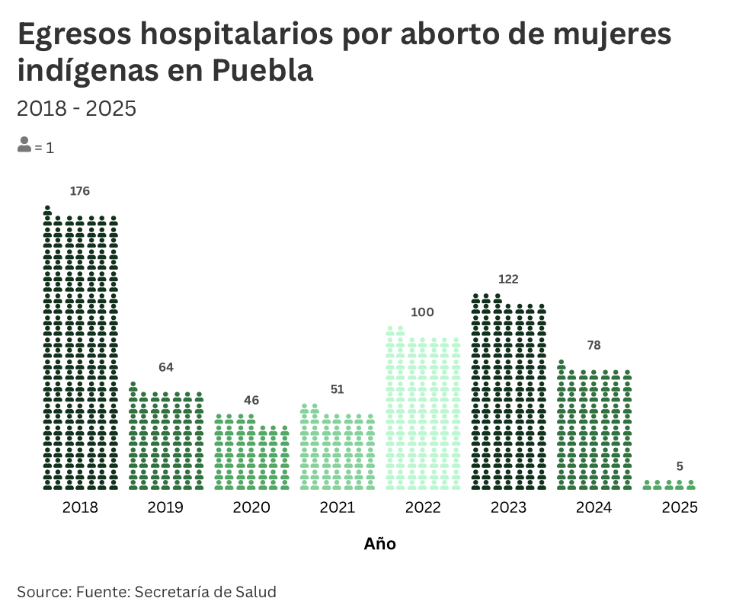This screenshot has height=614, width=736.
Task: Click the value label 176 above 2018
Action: point(80,191)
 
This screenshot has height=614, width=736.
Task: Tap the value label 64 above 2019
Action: point(166,367)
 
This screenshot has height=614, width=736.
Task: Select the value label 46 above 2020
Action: point(251,400)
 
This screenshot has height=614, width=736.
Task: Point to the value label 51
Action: point(338,389)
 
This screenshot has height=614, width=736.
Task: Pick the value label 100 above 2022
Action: point(422,312)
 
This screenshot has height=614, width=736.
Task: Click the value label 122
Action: point(508,280)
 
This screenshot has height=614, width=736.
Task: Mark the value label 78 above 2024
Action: point(594,345)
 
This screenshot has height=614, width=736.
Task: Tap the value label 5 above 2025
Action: point(680,466)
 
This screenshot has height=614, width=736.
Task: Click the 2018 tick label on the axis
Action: point(80,507)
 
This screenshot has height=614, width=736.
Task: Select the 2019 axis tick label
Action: point(165,507)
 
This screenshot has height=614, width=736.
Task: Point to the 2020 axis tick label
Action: point(251,507)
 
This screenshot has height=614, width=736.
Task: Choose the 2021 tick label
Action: point(337,507)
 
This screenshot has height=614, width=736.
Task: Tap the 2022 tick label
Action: point(423,507)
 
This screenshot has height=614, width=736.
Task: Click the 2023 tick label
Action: point(508,507)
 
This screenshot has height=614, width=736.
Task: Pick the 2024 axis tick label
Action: point(594,507)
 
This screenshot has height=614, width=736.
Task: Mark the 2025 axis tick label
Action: point(680,507)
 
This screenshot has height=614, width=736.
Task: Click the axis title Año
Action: point(380,544)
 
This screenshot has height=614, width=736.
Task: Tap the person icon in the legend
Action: point(24,145)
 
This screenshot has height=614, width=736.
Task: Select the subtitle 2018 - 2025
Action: point(76,108)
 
